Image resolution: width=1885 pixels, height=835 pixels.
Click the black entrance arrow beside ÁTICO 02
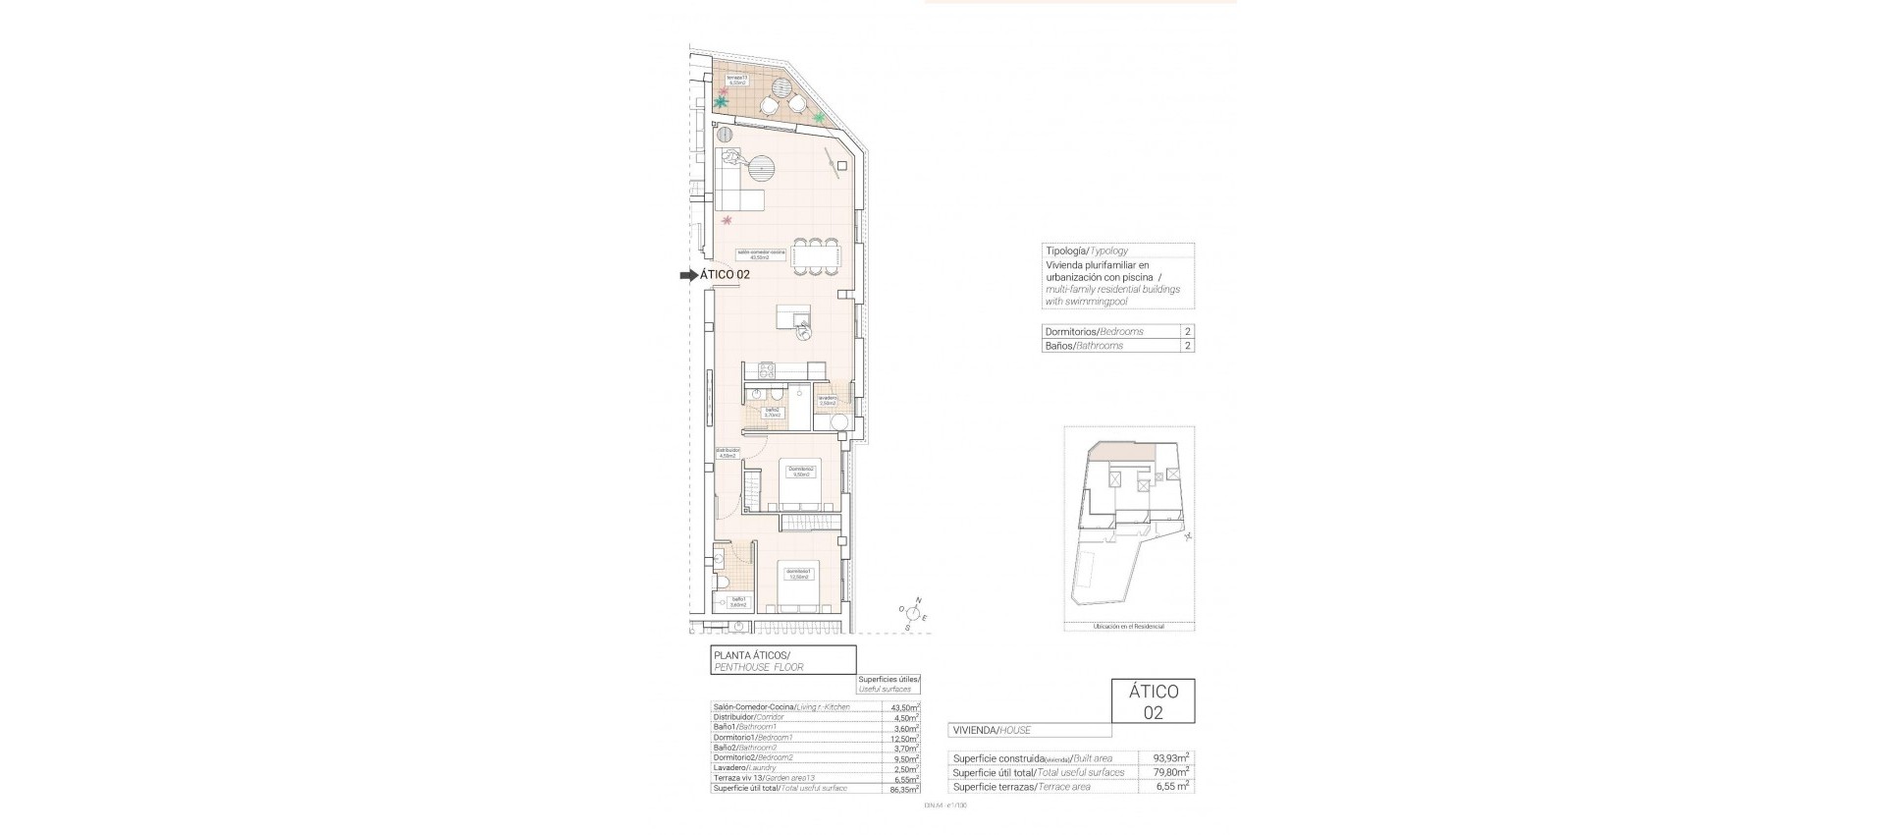point(687,276)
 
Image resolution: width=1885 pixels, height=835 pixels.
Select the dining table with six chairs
point(816,255)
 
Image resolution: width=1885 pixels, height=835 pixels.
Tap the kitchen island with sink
point(794,320)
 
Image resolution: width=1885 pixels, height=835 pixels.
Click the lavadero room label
point(827,400)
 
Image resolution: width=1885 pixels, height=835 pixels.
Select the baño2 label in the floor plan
point(773,413)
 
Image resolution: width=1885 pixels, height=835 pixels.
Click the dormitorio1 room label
point(796,574)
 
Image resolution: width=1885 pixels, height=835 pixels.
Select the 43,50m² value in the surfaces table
point(903,707)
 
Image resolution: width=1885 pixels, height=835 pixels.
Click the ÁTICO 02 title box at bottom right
point(1153,701)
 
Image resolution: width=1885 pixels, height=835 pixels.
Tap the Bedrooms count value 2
point(1188,332)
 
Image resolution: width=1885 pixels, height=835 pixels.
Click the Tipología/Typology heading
point(1086,251)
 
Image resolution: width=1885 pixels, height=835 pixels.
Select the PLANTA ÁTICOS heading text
point(751,655)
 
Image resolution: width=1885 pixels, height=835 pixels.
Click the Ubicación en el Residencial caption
point(1129,626)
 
